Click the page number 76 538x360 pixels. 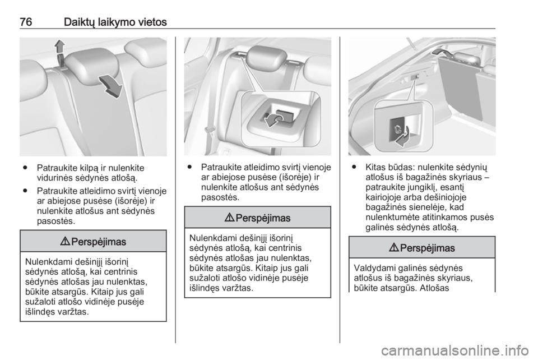(x=26, y=22)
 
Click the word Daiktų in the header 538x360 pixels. (x=78, y=22)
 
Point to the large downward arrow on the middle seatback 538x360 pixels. (x=110, y=86)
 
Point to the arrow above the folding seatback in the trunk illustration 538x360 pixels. (x=442, y=52)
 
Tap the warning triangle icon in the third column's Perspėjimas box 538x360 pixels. (x=396, y=248)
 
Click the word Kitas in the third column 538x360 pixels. (x=375, y=168)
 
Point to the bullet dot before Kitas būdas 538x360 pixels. (x=354, y=168)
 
